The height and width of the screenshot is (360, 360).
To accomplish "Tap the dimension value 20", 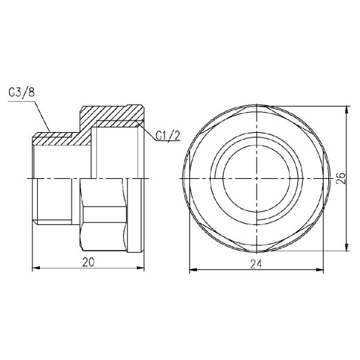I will pos(89,262).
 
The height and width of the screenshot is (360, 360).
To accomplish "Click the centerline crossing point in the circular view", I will pos(256,178).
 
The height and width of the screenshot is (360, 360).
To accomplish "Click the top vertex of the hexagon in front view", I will pos(256,107).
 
